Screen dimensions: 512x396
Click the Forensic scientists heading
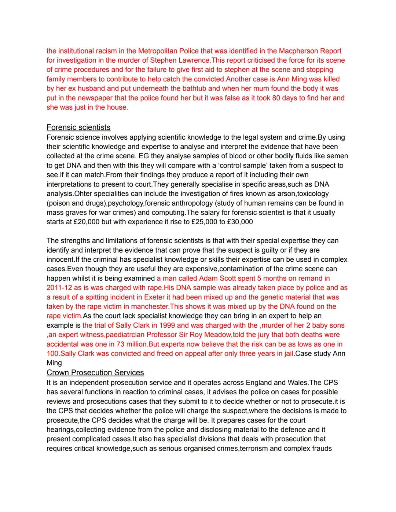click(x=78, y=127)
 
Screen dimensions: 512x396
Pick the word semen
click(x=337, y=156)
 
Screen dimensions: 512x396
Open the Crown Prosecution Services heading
click(x=95, y=373)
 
